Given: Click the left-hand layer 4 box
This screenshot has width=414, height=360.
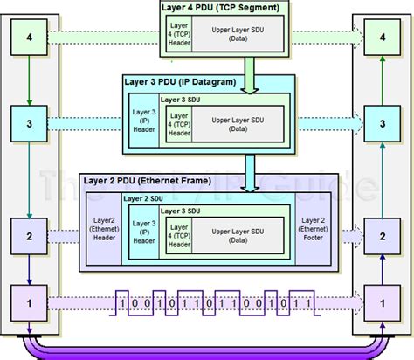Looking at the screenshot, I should pos(31,38).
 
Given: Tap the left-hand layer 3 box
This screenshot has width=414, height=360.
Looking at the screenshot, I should pos(31,124).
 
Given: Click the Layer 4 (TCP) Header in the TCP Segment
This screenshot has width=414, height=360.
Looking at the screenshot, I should pos(180,38).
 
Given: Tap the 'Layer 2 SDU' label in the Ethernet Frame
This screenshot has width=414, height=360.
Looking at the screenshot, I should pos(141,199).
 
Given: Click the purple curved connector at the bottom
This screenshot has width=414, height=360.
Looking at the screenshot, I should pos(206,349).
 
